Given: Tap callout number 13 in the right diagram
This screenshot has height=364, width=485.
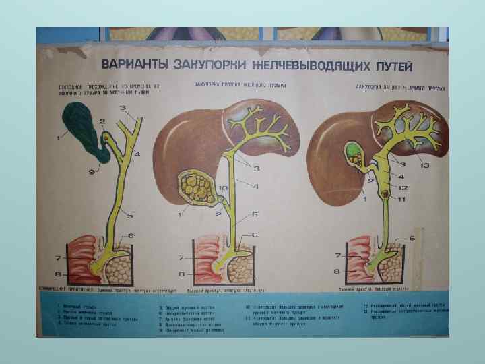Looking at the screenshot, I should point(423,165).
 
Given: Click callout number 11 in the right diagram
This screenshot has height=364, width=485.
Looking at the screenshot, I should point(403,200).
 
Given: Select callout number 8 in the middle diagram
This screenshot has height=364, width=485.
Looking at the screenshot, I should point(182,274).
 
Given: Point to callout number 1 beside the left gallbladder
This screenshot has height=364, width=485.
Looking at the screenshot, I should point(59,139).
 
